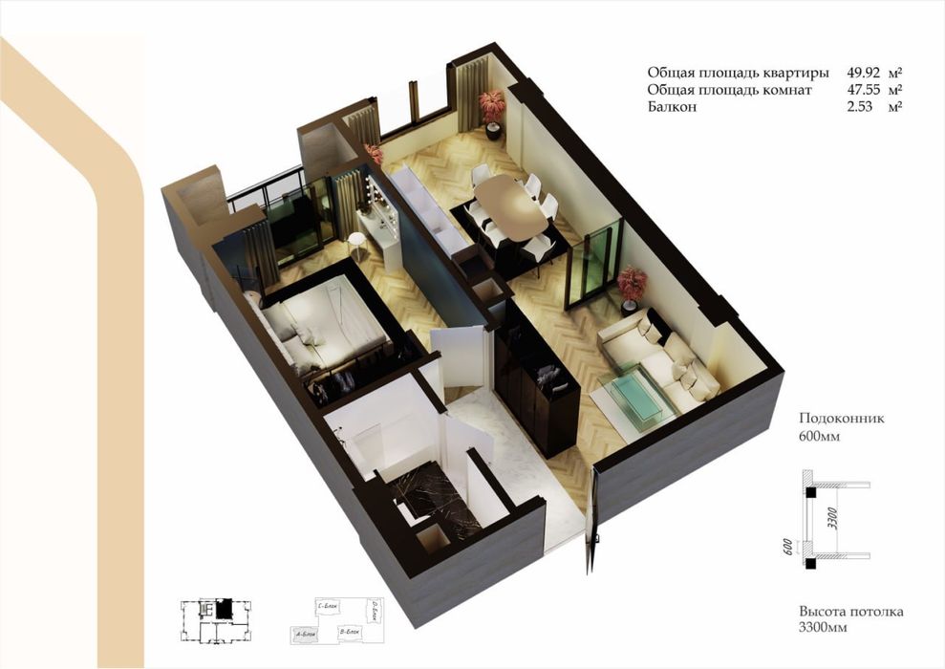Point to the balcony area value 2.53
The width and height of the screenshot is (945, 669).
pos(861,107)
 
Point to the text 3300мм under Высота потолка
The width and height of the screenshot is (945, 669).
pos(824,628)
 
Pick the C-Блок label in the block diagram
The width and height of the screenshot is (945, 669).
pos(330,606)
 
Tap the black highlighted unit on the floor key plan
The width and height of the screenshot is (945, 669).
pos(223,608)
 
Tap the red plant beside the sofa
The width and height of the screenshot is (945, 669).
pos(632,283)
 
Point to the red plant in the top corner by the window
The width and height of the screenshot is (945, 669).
pos(492,104)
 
